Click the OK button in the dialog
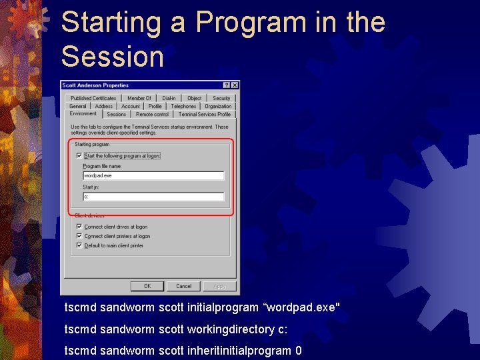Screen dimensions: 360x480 (x=147, y=286)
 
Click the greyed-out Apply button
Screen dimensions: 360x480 (x=219, y=286)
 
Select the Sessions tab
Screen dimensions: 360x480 (x=116, y=114)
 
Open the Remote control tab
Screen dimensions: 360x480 (x=152, y=114)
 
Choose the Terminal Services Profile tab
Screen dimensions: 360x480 (x=204, y=114)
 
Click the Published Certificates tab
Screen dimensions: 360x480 (x=93, y=98)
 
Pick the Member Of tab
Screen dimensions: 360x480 (x=139, y=98)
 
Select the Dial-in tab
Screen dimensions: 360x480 (x=169, y=98)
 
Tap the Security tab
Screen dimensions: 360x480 (x=221, y=98)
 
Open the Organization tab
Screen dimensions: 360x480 (x=218, y=106)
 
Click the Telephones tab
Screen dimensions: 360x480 (x=183, y=106)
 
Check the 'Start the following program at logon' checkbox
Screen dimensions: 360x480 (x=79, y=156)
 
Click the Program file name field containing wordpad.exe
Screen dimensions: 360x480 (x=153, y=176)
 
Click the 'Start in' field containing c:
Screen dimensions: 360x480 (x=153, y=197)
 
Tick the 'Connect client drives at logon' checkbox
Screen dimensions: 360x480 (x=79, y=227)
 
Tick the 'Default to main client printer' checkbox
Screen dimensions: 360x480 (x=79, y=245)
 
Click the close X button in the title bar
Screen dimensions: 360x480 (x=235, y=85)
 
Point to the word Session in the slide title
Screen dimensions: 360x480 (x=112, y=57)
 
